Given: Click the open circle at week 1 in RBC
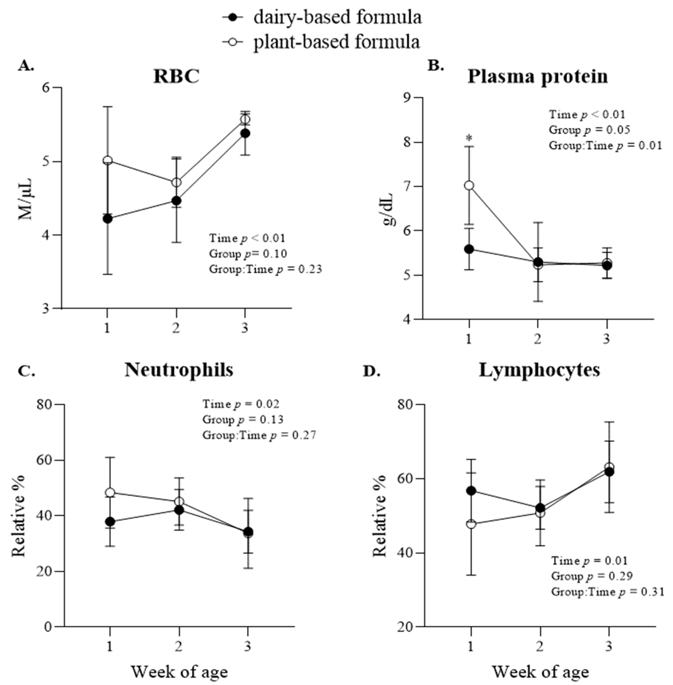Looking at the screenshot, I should (x=107, y=160).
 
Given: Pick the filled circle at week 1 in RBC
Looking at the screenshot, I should (x=107, y=219).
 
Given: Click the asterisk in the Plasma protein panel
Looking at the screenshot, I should (x=469, y=138).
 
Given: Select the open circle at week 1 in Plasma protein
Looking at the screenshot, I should (x=469, y=186).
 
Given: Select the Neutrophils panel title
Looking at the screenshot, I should (x=179, y=370).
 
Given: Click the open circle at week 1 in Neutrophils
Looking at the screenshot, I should (x=110, y=492).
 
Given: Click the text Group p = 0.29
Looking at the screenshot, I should (x=591, y=576).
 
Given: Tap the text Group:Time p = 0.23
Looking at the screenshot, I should (x=265, y=269).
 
